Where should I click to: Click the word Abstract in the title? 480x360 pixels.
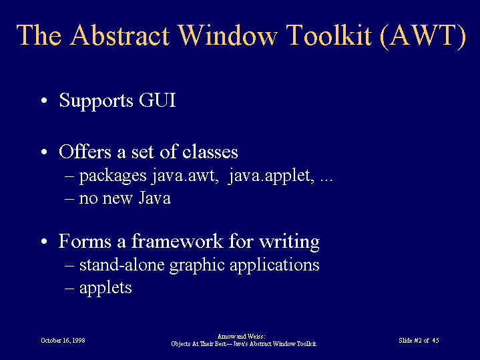pos(119,35)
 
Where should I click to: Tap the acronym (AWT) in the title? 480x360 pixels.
pos(423,36)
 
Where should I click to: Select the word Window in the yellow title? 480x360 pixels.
pos(228,35)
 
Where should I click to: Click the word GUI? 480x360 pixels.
pos(158,100)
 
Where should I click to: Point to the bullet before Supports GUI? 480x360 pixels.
pos(44,100)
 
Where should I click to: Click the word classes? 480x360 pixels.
pos(210,152)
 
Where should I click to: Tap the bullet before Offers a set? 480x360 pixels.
pos(44,152)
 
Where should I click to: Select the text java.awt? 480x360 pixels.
pos(185,176)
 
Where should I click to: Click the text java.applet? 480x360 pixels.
pos(271,176)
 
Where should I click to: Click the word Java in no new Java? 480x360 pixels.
pos(155,198)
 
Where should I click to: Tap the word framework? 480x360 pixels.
pos(177,241)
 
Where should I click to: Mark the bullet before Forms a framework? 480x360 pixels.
pos(44,241)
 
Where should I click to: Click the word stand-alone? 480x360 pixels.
pos(122,264)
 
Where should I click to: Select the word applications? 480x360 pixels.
pos(274,265)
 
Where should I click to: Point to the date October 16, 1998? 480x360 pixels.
pos(63,341)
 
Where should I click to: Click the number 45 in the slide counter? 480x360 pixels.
pos(436,340)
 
